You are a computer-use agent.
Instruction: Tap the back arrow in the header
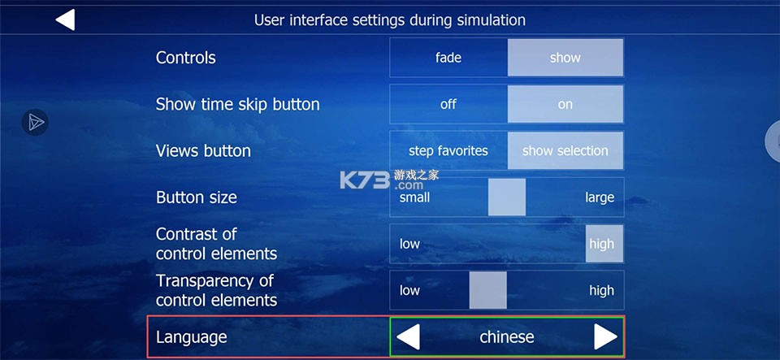(65, 20)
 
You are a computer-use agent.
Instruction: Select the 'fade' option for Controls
(448, 58)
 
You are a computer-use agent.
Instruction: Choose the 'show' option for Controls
(565, 58)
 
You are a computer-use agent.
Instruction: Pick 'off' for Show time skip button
(448, 104)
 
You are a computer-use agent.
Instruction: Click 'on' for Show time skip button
(565, 104)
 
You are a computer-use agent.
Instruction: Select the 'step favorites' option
(448, 150)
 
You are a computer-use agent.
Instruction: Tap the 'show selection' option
(565, 150)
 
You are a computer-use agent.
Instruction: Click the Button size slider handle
(507, 197)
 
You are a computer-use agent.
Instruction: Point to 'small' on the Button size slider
(414, 197)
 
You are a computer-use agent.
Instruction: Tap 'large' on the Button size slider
(600, 197)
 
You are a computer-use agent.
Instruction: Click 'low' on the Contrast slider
(409, 244)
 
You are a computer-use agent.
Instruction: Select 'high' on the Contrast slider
(602, 244)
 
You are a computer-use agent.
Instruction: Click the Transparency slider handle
(488, 290)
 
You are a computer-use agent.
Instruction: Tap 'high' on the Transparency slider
(602, 290)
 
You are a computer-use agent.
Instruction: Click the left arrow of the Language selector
(408, 336)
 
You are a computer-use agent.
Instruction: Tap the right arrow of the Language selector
(605, 336)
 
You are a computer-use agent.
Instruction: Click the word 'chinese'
(507, 336)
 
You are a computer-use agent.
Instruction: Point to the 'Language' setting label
(192, 336)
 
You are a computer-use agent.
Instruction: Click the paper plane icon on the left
(35, 123)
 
